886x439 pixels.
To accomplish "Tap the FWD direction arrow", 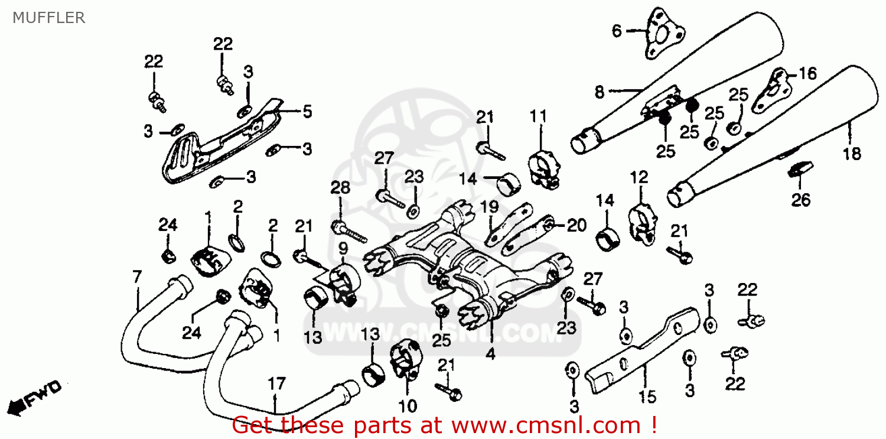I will coord(35,398).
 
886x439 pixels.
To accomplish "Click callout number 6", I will coord(617,30).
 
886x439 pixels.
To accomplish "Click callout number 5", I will coord(307,111).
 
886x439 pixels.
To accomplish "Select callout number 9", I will coord(343,249).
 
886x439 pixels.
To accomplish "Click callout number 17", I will coord(276,385).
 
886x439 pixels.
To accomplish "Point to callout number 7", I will coord(137,277).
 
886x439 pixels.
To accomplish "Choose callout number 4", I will coord(490,355).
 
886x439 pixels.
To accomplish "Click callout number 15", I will coord(647,396).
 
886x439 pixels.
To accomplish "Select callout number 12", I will coord(639,177).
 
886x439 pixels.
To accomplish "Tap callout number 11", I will coord(538,116).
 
